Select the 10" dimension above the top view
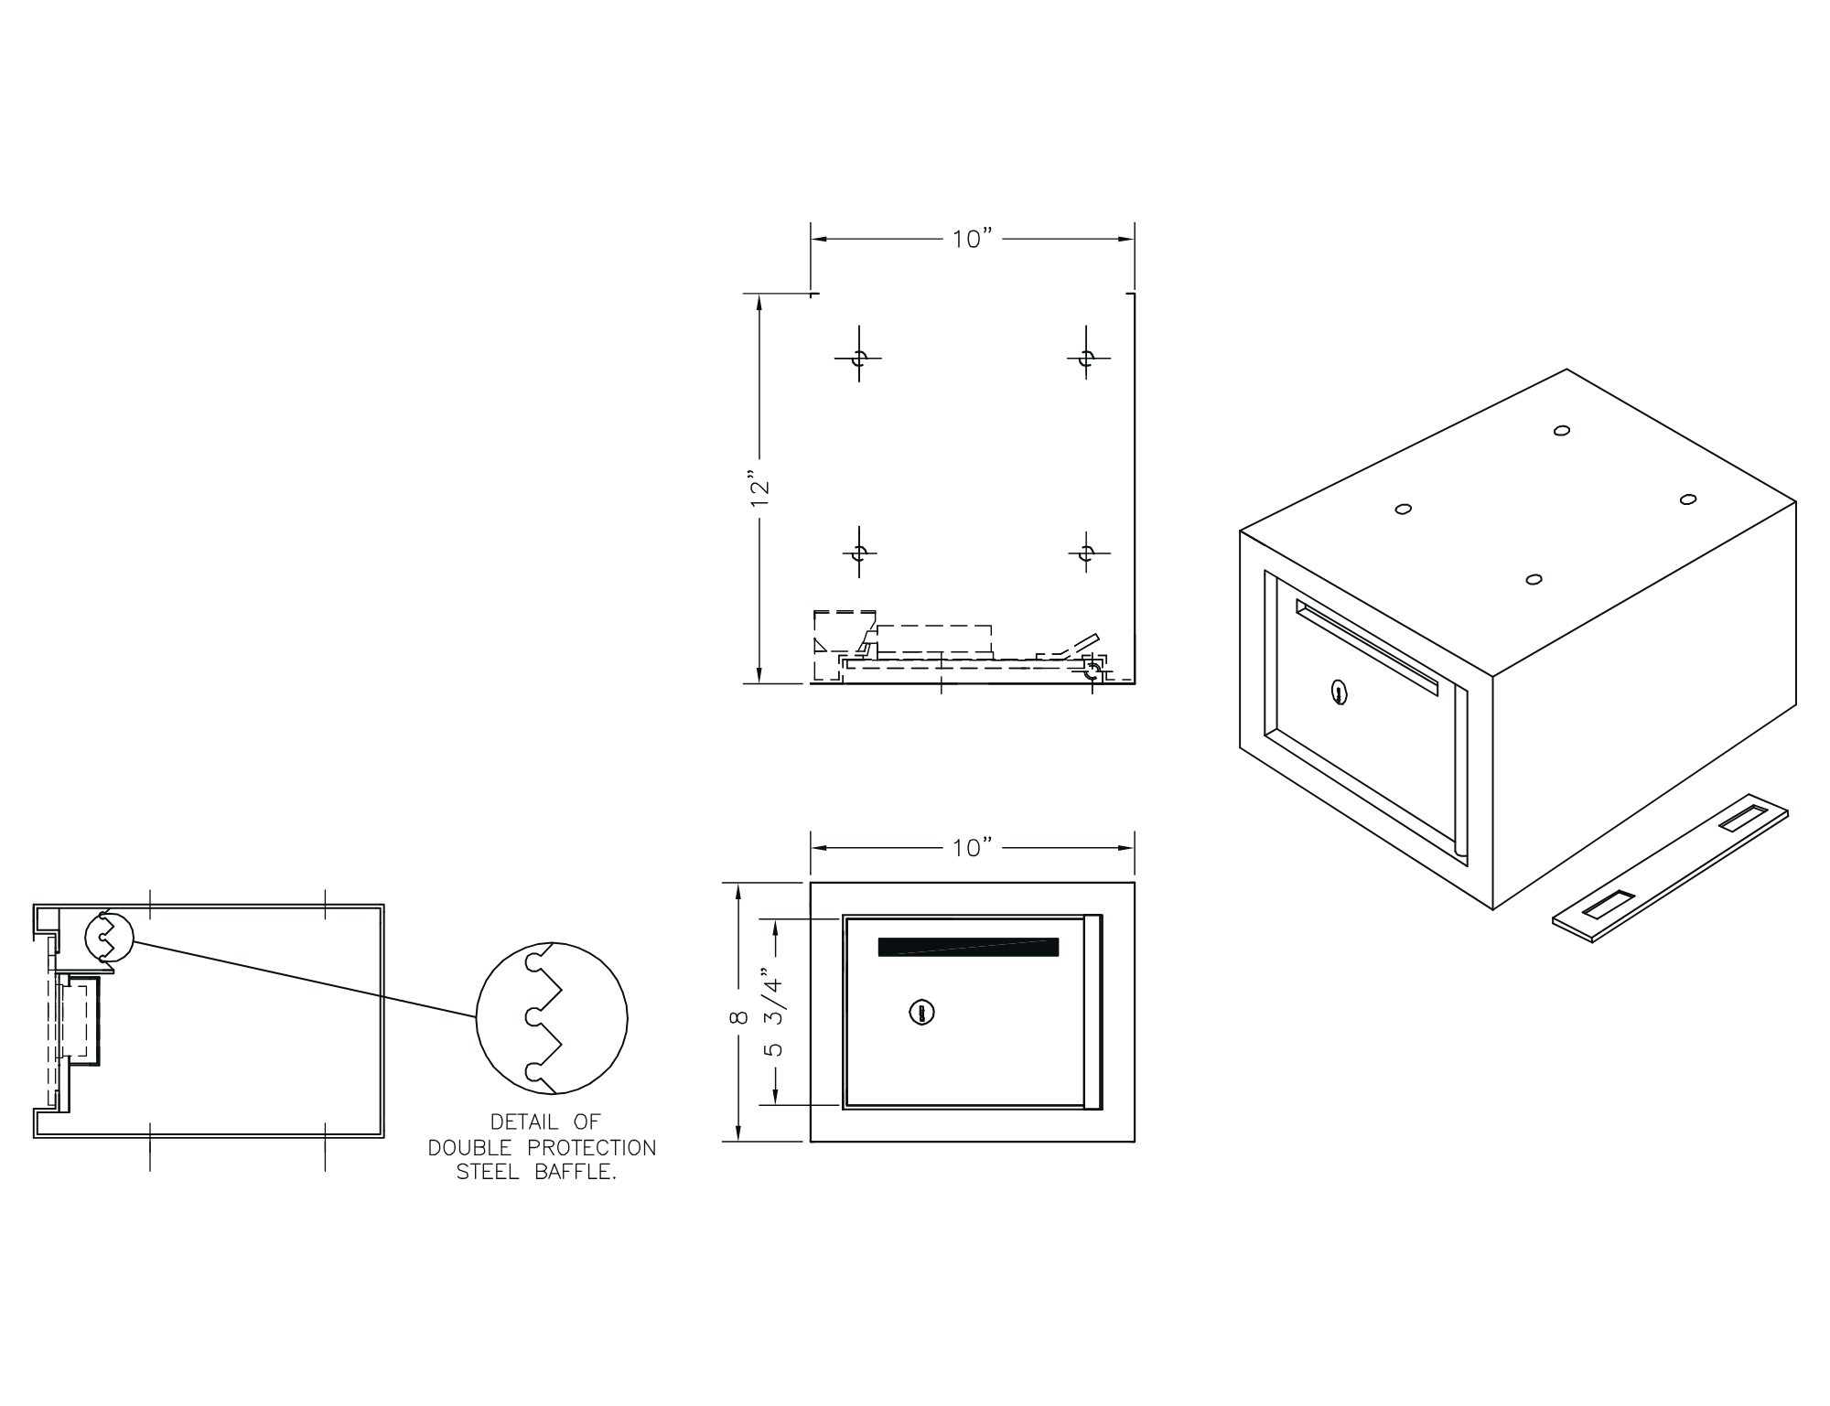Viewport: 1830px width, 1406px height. [x=973, y=239]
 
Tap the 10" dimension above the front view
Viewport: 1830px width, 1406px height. [x=973, y=848]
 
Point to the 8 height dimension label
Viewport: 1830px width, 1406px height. [x=741, y=1017]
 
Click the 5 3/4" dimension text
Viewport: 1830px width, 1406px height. [x=774, y=1012]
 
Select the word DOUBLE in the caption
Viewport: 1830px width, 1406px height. [x=465, y=1147]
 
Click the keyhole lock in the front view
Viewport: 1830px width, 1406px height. [x=921, y=1012]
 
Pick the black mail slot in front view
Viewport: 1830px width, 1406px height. [x=968, y=947]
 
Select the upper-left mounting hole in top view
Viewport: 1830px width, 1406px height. [x=858, y=358]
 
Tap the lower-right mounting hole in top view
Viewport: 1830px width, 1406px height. [x=1086, y=553]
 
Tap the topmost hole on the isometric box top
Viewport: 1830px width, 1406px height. [x=1562, y=430]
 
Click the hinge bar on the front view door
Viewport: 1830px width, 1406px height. [x=1093, y=1012]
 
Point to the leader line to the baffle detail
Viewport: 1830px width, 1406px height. [x=305, y=980]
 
